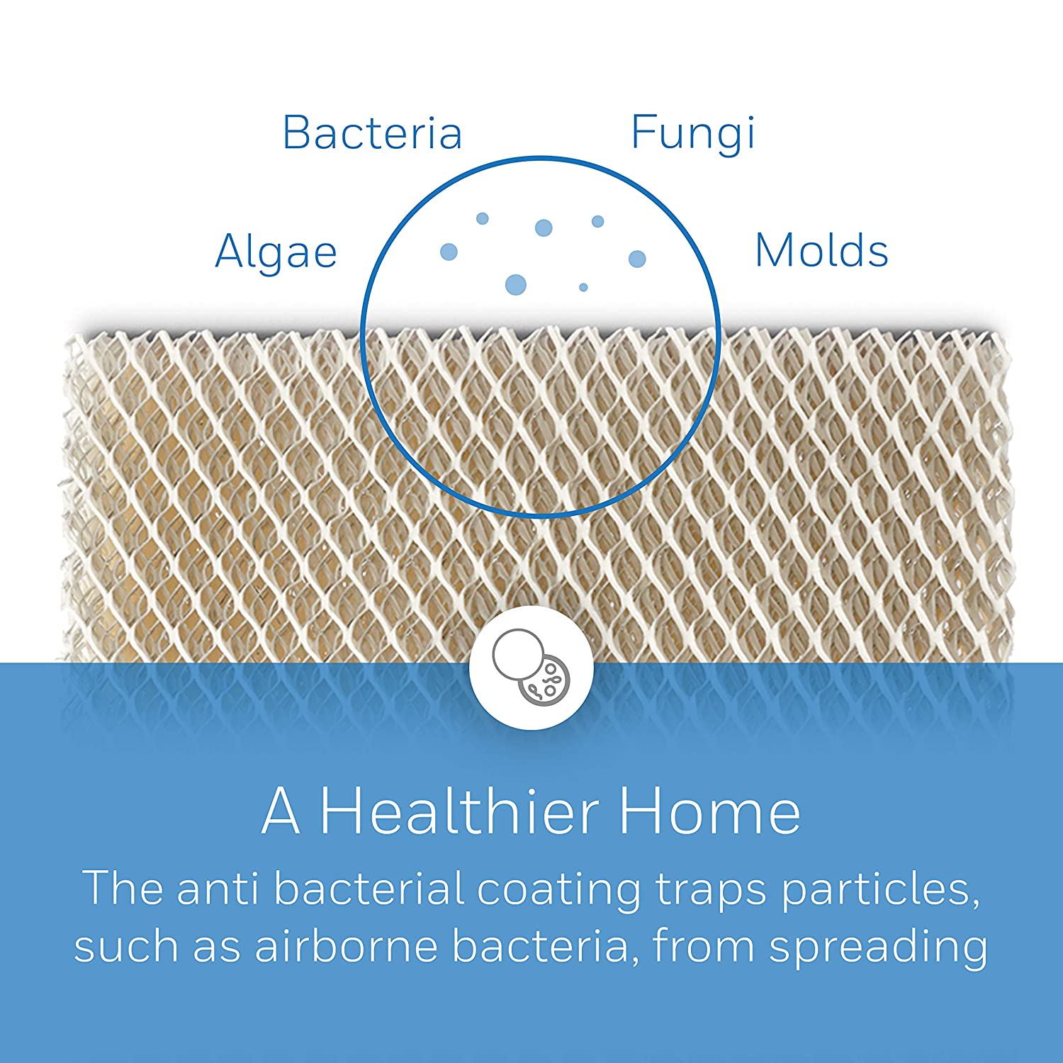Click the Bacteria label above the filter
click(373, 133)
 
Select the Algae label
click(276, 253)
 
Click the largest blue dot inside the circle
click(516, 284)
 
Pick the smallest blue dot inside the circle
click(583, 287)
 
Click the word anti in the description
click(217, 889)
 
